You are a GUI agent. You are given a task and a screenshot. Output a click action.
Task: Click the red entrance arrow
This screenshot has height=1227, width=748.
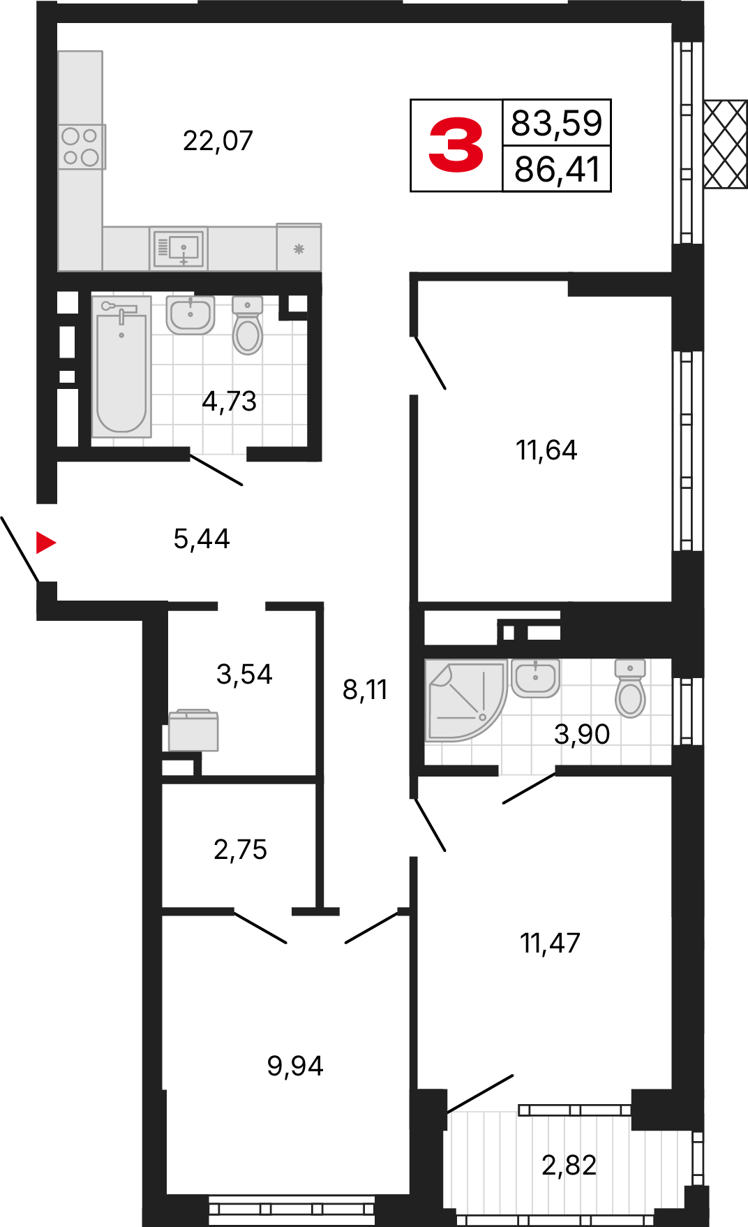click(45, 542)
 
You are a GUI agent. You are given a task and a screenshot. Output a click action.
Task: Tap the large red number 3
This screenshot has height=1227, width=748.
click(456, 145)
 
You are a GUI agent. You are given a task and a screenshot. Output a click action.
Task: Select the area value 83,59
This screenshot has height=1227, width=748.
click(557, 122)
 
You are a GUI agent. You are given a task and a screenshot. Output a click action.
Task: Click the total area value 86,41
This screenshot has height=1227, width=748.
click(557, 169)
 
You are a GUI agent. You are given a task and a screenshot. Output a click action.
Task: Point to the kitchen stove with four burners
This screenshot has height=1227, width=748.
click(82, 147)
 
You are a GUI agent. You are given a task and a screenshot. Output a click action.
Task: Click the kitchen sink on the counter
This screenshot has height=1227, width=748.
click(179, 248)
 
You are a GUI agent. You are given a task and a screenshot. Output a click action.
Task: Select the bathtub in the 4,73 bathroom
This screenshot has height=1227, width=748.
click(121, 367)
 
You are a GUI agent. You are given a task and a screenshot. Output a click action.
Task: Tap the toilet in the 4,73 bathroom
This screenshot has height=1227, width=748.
click(247, 325)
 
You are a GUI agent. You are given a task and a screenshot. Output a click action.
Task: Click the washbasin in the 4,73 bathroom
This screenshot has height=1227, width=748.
click(190, 315)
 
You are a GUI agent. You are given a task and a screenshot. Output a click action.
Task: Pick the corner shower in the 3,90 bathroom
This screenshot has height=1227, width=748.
click(465, 700)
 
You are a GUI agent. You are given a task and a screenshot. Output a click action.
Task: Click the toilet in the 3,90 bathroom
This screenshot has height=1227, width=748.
click(630, 689)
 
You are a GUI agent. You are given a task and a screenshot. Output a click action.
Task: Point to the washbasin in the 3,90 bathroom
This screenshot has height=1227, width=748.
click(535, 678)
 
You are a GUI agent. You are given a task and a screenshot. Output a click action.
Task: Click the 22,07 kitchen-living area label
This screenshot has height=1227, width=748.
click(218, 141)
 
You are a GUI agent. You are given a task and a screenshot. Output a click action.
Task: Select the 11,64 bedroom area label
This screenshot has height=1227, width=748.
click(546, 450)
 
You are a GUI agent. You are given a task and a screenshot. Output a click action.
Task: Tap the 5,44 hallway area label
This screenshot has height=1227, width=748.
click(202, 539)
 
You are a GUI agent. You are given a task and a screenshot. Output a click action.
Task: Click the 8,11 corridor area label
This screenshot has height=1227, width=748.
click(365, 690)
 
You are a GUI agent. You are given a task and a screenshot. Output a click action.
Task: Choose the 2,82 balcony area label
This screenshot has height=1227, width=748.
click(569, 1165)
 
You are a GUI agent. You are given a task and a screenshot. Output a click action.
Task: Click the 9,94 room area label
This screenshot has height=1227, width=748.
click(295, 1066)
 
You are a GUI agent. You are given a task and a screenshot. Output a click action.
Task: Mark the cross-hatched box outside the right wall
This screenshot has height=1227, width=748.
click(726, 144)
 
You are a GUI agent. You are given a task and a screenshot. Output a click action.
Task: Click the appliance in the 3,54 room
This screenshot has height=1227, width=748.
click(193, 730)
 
